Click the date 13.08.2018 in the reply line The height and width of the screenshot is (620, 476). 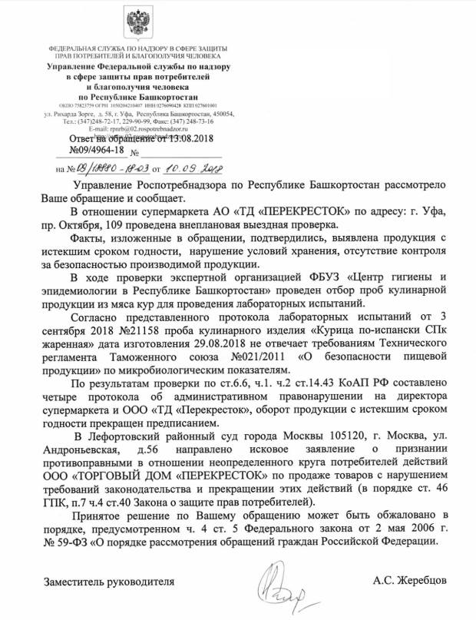pyautogui.click(x=187, y=138)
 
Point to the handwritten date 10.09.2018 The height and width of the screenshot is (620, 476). pyautogui.click(x=190, y=167)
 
